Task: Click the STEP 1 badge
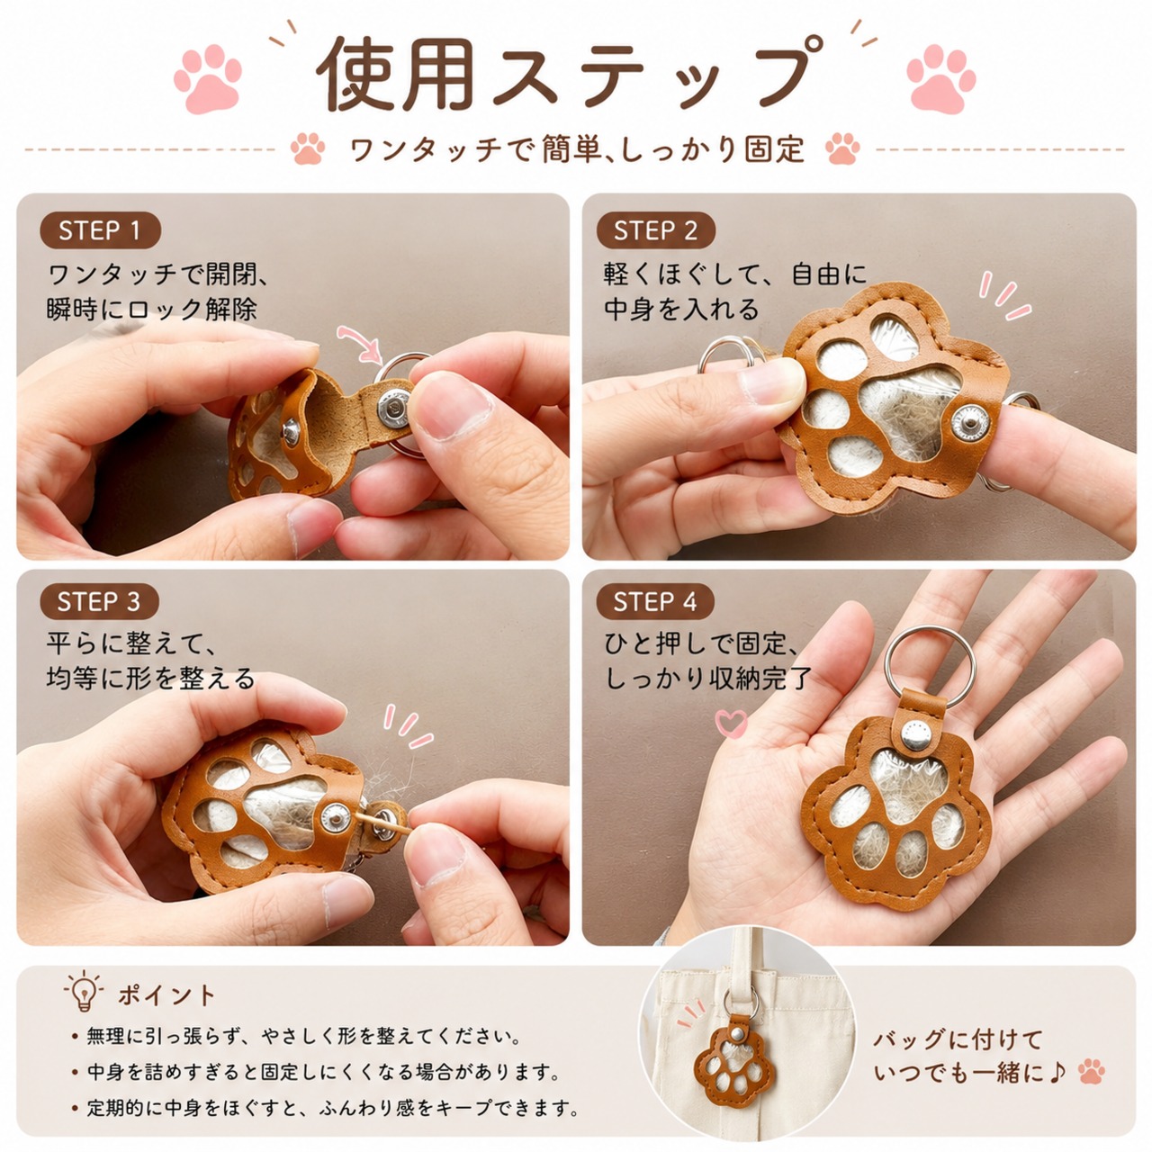pos(100,230)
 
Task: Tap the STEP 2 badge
pos(656,230)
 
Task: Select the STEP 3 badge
pos(99,601)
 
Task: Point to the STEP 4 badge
pos(655,601)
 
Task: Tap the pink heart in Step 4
pos(731,722)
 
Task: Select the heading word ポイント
pos(166,995)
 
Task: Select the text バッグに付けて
pos(958,1039)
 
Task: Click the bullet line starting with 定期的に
pos(328,1109)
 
